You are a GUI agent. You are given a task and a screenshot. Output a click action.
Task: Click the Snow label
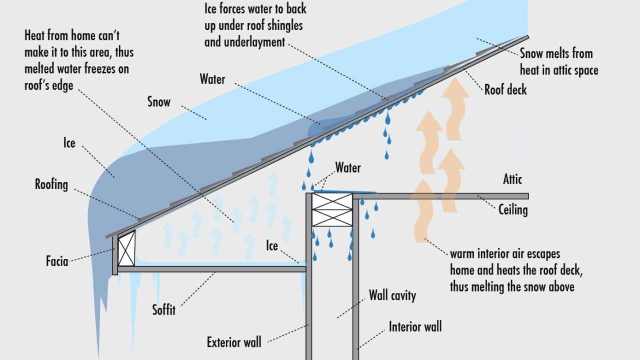click(x=158, y=102)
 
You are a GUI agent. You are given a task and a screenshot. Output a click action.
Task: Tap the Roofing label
click(x=51, y=184)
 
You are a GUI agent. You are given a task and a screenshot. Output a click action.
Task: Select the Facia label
click(x=56, y=260)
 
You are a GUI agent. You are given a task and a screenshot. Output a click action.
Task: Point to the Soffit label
click(x=164, y=310)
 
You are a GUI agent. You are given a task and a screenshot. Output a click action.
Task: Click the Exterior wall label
click(x=234, y=342)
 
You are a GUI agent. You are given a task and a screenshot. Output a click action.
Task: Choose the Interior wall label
click(x=415, y=327)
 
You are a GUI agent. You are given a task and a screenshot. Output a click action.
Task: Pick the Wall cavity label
click(x=392, y=295)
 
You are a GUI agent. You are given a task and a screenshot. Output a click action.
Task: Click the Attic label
click(x=512, y=179)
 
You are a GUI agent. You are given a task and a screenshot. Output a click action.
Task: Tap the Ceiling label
click(x=513, y=209)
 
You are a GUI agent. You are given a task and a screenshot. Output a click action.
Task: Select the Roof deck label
click(x=505, y=90)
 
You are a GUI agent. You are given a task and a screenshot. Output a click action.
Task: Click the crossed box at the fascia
click(x=126, y=248)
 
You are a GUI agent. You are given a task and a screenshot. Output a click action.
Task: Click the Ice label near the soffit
click(x=272, y=245)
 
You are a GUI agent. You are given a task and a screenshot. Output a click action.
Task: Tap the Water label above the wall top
click(x=348, y=167)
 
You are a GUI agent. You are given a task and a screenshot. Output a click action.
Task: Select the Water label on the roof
click(x=212, y=79)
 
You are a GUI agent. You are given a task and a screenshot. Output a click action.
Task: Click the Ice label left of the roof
click(x=69, y=143)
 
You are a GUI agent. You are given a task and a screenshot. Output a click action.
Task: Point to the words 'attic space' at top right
click(x=575, y=70)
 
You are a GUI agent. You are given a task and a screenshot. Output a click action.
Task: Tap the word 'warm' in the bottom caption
click(x=462, y=253)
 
